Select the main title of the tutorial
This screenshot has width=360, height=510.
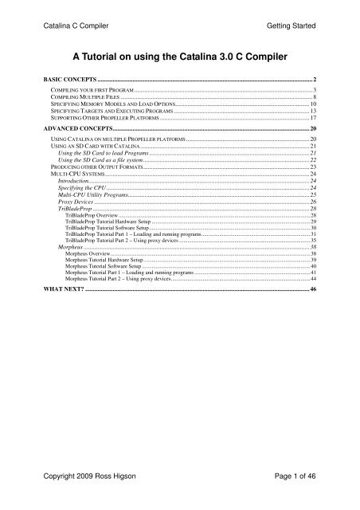(x=180, y=56)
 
